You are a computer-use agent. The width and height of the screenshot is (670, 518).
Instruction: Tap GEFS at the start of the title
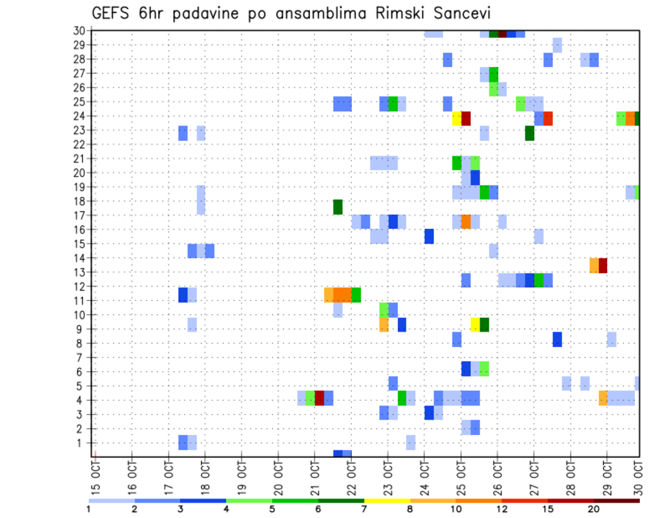[111, 14]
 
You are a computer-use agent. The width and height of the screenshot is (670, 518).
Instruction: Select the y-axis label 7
[82, 357]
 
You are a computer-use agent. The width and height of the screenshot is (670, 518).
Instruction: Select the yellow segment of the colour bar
[387, 501]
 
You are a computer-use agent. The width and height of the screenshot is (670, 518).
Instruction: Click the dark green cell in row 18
[338, 207]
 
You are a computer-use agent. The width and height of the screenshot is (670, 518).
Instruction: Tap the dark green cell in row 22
[530, 133]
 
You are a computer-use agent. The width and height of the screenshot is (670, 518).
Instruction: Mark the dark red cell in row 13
[603, 265]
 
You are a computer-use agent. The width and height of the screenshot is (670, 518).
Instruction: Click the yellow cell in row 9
[475, 325]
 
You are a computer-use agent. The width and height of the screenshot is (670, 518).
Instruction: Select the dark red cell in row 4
[320, 398]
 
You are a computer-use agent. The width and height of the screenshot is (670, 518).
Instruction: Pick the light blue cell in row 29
[557, 45]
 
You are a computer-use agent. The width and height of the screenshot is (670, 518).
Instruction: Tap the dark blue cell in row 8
[557, 339]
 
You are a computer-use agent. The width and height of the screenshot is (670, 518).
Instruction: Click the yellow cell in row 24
[456, 118]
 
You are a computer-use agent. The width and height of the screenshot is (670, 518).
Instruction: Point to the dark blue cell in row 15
[429, 236]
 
